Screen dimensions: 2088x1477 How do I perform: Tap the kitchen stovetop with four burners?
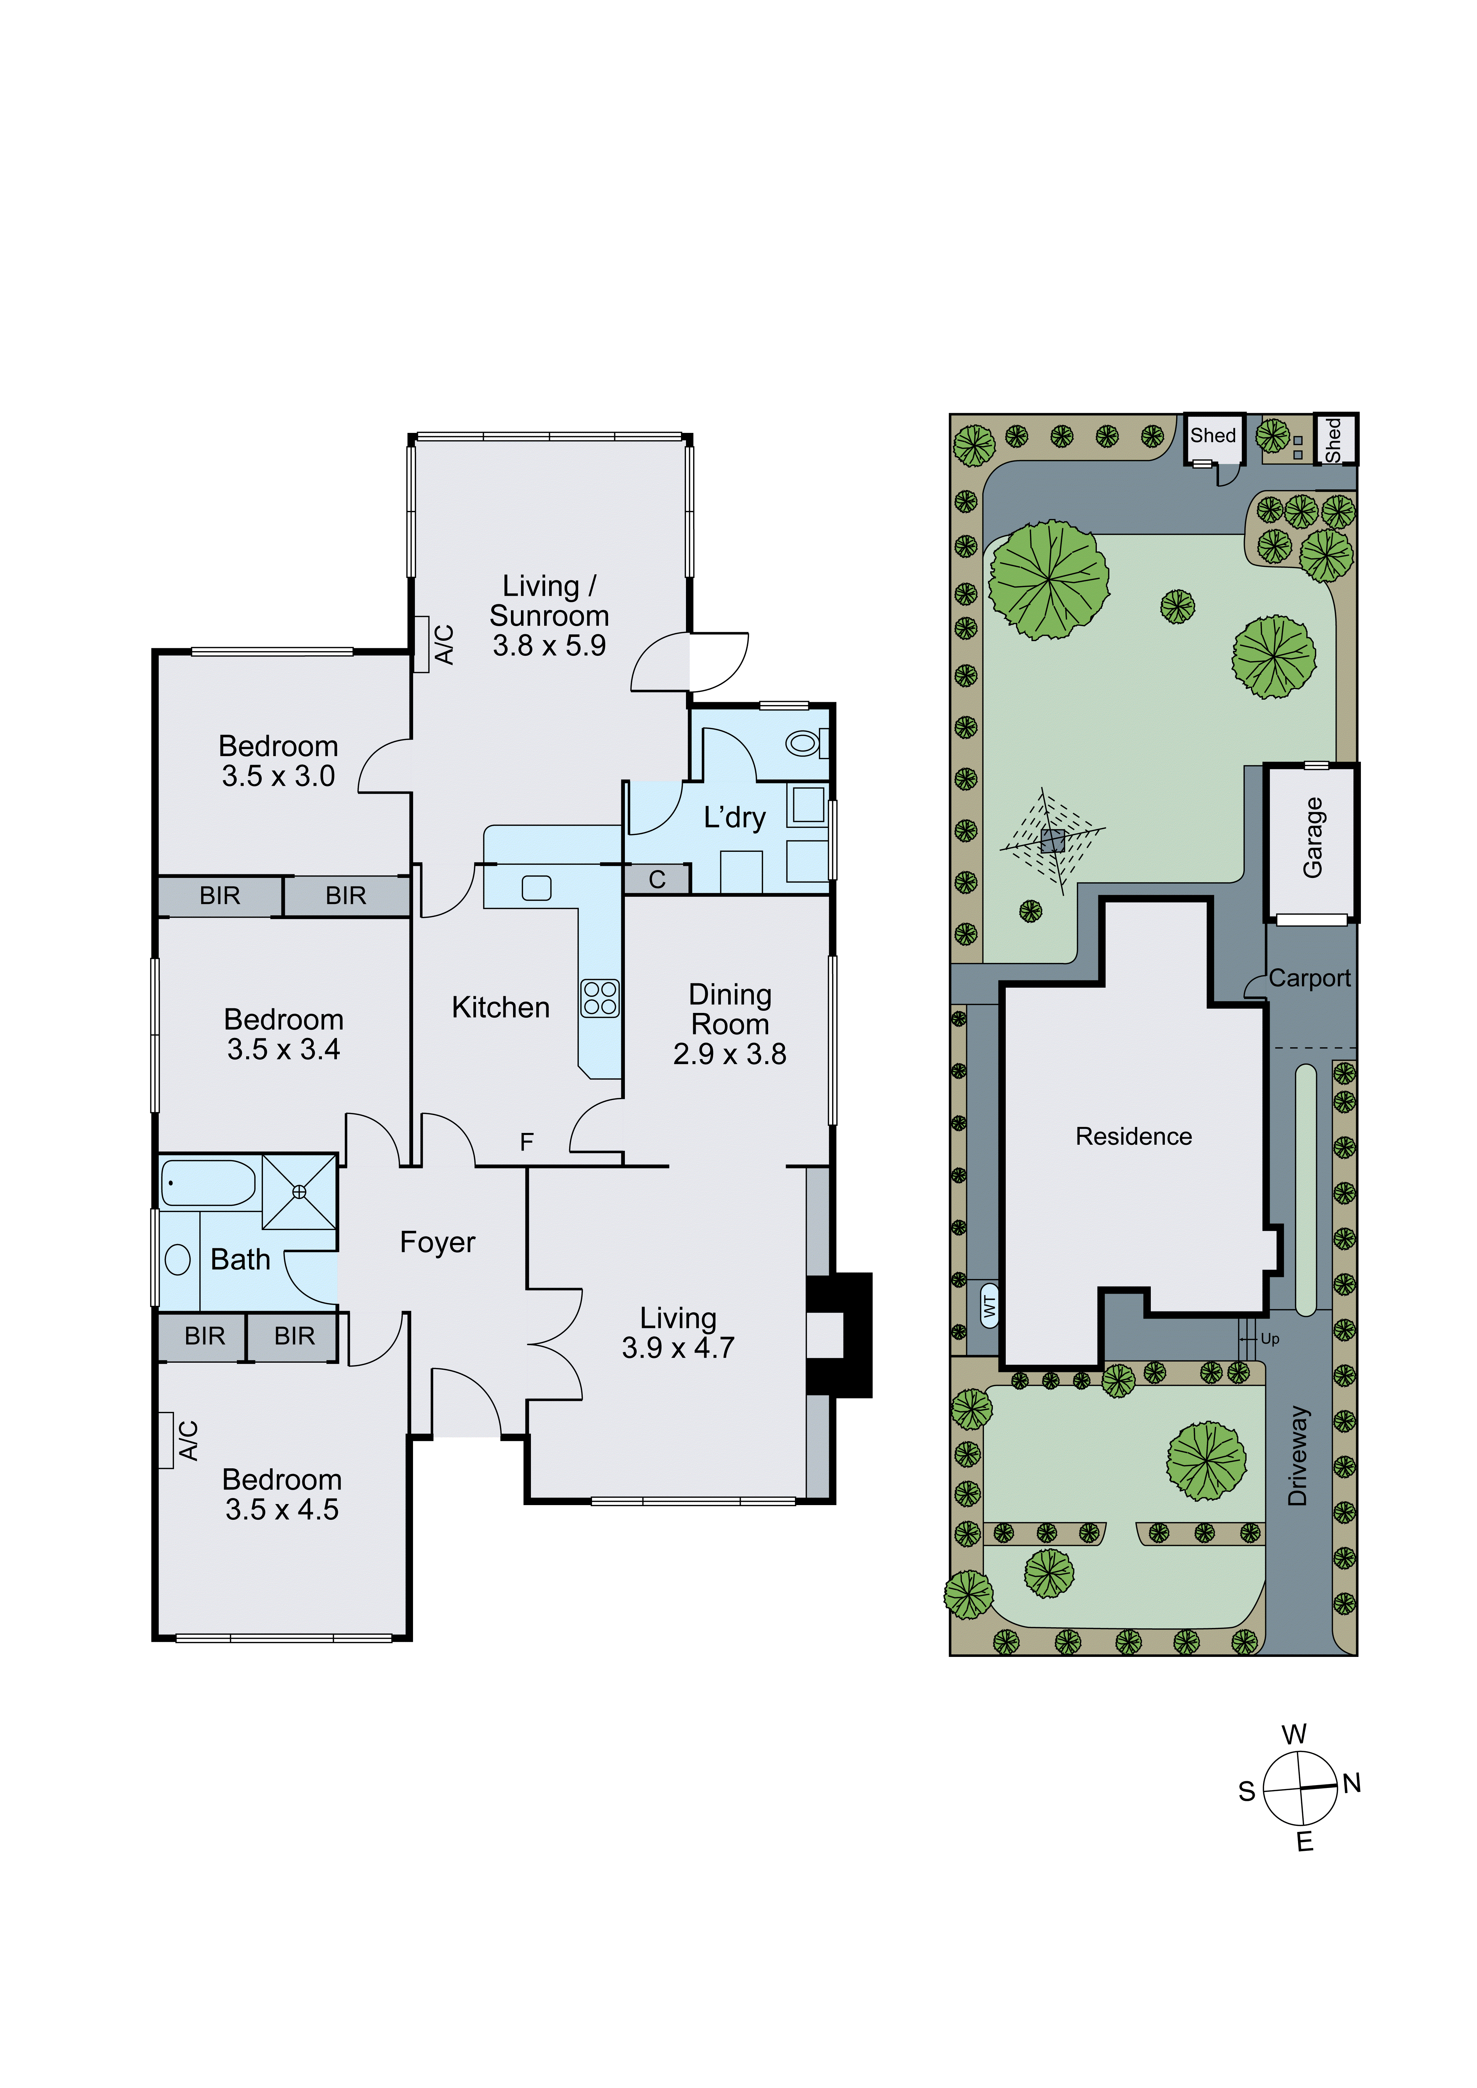(x=600, y=998)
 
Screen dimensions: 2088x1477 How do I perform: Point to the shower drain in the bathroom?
(x=299, y=1191)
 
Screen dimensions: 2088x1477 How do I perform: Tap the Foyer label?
(x=437, y=1242)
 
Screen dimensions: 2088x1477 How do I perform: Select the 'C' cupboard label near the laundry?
(x=657, y=879)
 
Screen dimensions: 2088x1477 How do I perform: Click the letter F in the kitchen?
(x=527, y=1142)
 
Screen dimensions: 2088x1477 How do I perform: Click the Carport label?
(x=1310, y=979)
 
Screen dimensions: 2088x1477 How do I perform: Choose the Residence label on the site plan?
(x=1133, y=1137)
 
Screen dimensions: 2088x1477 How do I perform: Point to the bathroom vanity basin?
(x=177, y=1259)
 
